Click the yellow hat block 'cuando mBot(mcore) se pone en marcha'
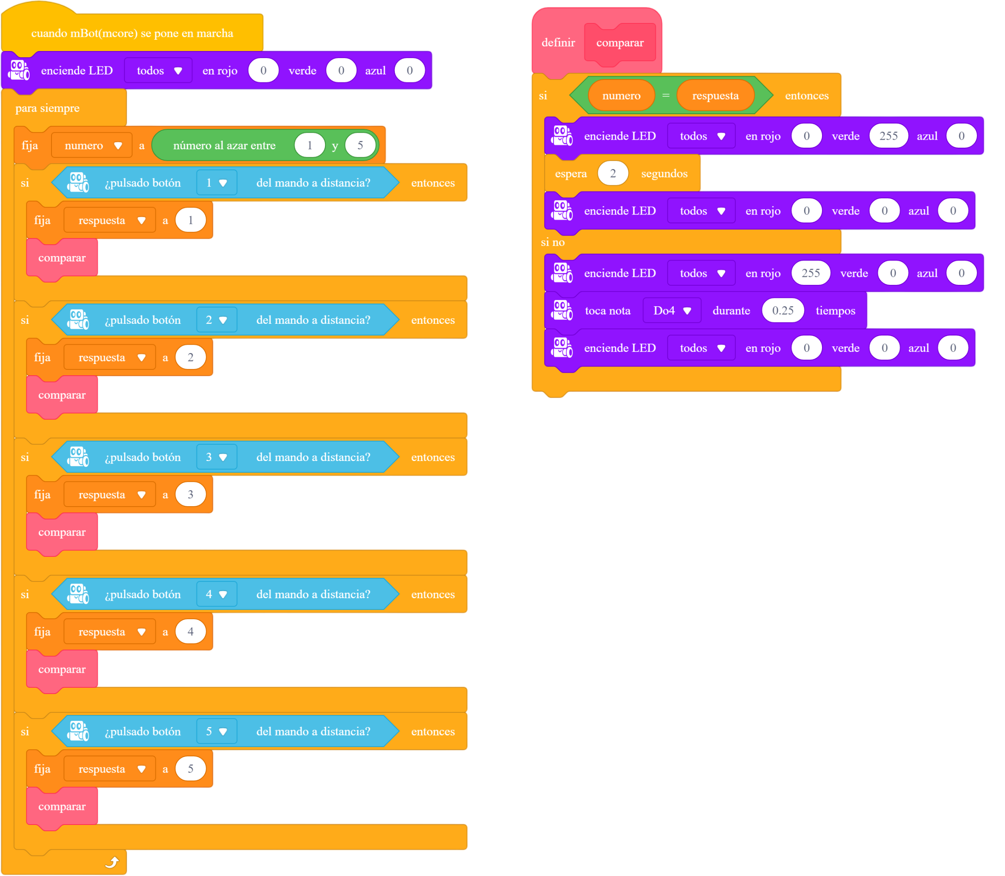[132, 33]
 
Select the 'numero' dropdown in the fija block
[92, 145]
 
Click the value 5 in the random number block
[360, 145]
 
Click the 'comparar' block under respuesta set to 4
[62, 669]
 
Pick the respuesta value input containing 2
[191, 357]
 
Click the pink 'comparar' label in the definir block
[620, 43]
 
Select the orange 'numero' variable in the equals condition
[621, 96]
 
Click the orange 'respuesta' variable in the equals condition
[715, 96]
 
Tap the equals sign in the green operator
[665, 96]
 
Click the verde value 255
[889, 136]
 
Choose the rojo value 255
[811, 273]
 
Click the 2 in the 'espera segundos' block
[613, 174]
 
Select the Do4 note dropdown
[672, 310]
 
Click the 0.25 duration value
[783, 310]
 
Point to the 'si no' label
[552, 242]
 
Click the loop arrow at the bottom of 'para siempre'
[112, 862]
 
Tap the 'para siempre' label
[47, 108]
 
